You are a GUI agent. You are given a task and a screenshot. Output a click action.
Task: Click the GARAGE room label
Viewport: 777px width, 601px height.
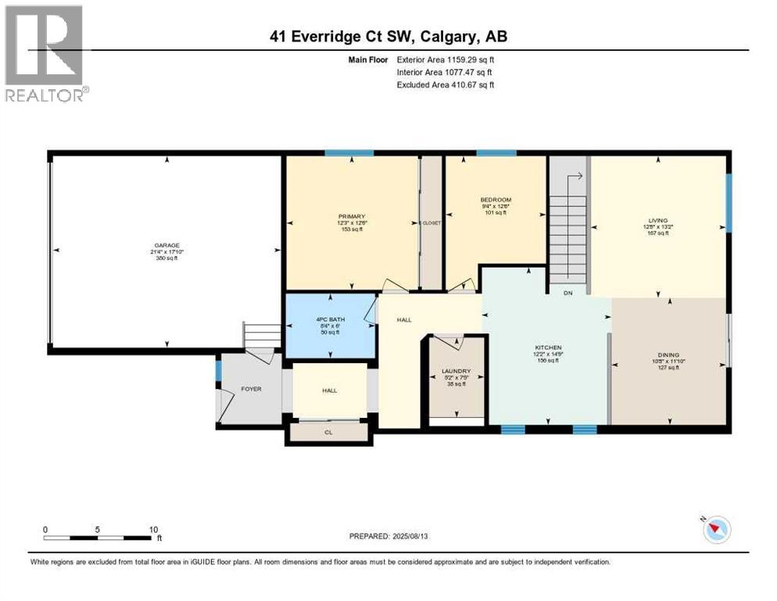[x=166, y=246]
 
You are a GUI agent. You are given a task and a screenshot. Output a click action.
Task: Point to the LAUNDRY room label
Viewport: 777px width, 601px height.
[x=456, y=371]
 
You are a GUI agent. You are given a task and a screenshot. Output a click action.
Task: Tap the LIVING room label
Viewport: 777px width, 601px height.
[x=658, y=221]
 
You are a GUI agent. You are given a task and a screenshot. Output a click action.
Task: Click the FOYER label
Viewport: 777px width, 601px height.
[x=250, y=389]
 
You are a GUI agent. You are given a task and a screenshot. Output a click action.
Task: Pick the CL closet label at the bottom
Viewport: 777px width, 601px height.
[x=329, y=431]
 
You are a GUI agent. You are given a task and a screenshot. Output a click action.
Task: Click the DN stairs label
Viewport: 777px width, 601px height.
[x=568, y=293]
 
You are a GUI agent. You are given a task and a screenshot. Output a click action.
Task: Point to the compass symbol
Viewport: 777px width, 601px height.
[x=716, y=530]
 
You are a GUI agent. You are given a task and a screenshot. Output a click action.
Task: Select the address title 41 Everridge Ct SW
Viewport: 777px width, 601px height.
[x=388, y=37]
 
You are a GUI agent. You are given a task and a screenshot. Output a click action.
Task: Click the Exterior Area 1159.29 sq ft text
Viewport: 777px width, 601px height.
[x=446, y=59]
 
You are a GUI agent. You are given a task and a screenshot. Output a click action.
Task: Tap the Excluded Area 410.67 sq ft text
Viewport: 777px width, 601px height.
[x=446, y=85]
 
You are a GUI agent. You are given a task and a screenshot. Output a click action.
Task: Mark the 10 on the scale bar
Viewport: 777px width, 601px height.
[x=153, y=529]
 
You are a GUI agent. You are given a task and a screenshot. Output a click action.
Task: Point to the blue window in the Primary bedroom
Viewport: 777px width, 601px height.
[x=338, y=153]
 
